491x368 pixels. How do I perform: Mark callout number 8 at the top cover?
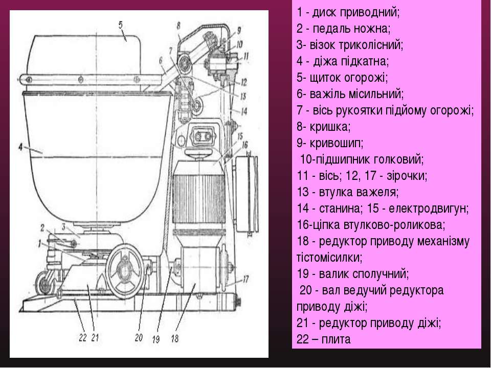pos(178,25)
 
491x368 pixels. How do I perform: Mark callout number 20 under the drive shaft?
pos(138,337)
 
